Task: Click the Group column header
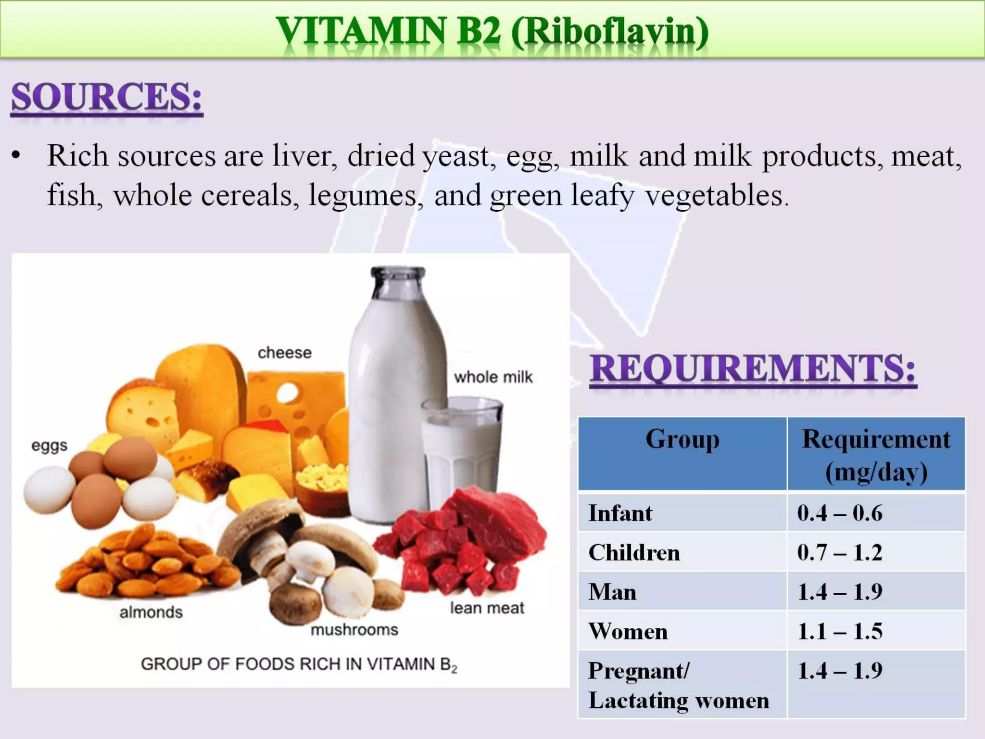click(682, 439)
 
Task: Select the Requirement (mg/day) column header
click(876, 455)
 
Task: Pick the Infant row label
click(620, 513)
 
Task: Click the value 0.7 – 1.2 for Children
click(840, 552)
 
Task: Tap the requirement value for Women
click(840, 631)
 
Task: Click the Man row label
click(612, 592)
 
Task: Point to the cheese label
click(284, 353)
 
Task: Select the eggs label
click(49, 446)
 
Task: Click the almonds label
click(151, 612)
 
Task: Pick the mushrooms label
click(354, 629)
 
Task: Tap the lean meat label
click(487, 608)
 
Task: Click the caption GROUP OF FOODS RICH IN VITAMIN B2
click(299, 664)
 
